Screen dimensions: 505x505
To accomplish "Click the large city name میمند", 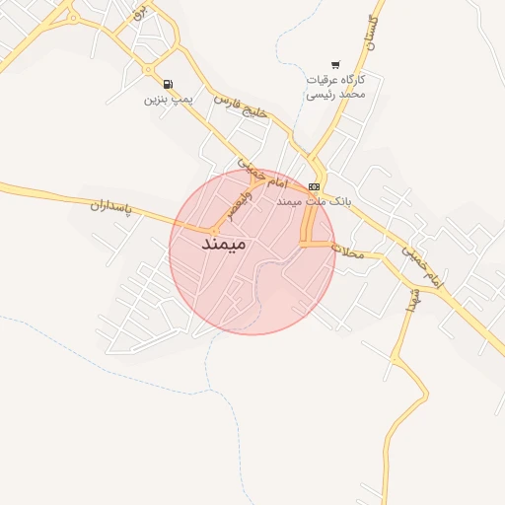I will tap(222, 243).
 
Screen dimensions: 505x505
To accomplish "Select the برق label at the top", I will tap(138, 12).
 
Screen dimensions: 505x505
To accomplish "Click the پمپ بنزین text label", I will tap(169, 99).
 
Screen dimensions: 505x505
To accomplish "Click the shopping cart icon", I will tap(335, 63).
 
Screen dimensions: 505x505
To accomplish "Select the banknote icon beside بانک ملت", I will tap(314, 185).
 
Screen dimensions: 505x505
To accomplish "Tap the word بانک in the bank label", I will tap(337, 200).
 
